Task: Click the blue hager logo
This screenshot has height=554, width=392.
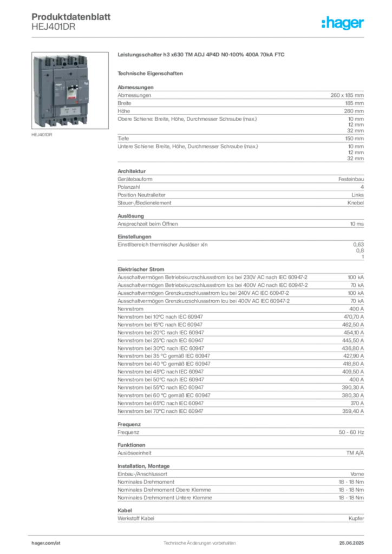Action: (343, 24)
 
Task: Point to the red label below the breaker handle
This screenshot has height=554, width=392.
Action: (70, 101)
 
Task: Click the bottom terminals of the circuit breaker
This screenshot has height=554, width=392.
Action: (61, 123)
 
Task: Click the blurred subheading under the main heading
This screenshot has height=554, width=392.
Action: (152, 73)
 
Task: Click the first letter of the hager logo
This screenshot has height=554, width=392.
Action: (324, 24)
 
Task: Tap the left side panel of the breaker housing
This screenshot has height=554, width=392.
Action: (39, 89)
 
